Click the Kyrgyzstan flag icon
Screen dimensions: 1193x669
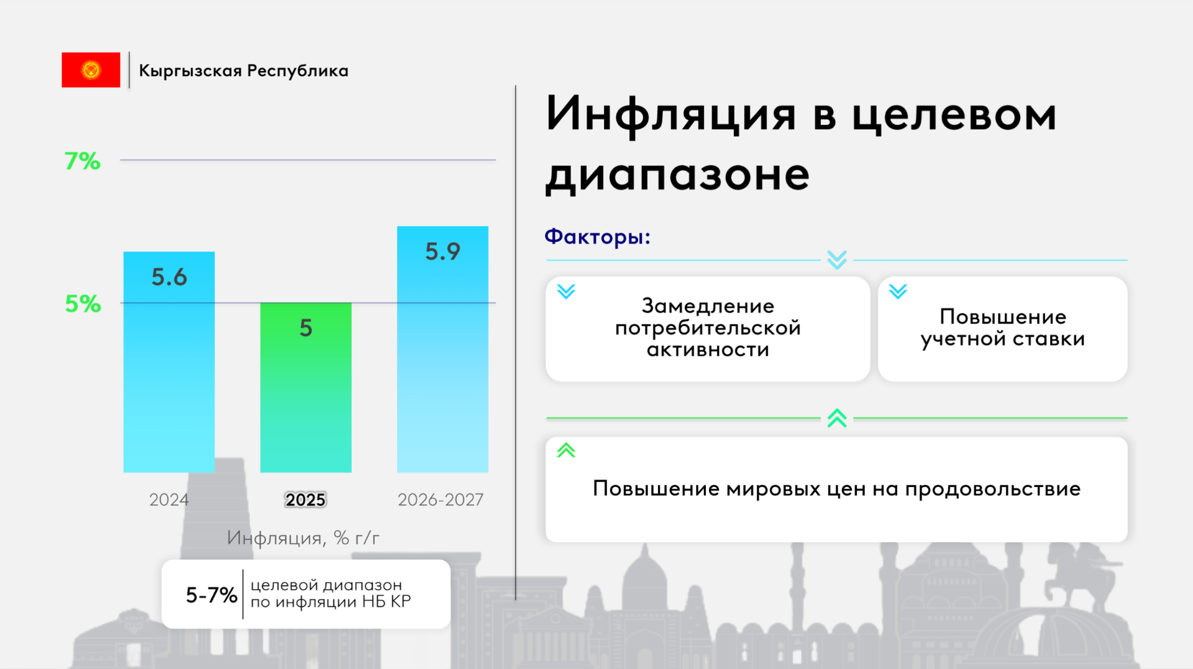[x=91, y=70]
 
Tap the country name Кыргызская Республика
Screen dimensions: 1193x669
[x=244, y=71]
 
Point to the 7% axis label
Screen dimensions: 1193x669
[x=83, y=161]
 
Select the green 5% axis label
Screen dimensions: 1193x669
[x=83, y=304]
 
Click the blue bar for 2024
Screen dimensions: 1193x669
[x=169, y=362]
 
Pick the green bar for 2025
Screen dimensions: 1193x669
[x=306, y=388]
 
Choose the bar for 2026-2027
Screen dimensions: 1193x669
[x=442, y=349]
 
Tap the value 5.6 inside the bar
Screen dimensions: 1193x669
[x=169, y=277]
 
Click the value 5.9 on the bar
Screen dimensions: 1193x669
[x=442, y=252]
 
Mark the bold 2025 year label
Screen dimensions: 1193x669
[x=306, y=499]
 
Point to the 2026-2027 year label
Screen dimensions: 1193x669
[x=441, y=499]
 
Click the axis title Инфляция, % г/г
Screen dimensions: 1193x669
[x=303, y=538]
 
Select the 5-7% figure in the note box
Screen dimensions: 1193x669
[x=211, y=595]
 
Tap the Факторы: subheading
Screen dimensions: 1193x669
[x=597, y=237]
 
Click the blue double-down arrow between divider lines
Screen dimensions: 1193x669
[x=837, y=260]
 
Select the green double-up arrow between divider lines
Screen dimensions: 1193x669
[x=837, y=418]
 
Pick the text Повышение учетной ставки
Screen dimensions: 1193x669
[x=1003, y=328]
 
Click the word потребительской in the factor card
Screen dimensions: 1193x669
[x=708, y=328]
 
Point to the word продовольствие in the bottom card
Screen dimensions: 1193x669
[x=993, y=489]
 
